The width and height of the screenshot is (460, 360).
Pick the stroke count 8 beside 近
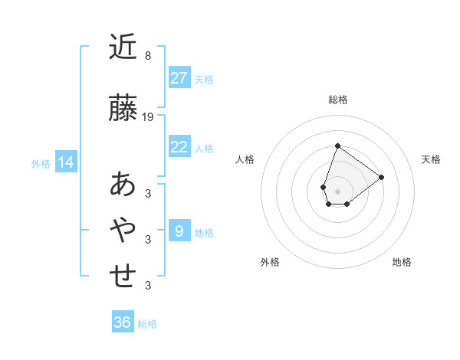point(148,56)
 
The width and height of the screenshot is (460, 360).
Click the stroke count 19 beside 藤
point(149,117)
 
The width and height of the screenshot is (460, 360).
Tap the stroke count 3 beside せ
point(148,286)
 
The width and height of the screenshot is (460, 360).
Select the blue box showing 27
point(179,77)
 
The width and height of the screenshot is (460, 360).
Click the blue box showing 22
point(179,147)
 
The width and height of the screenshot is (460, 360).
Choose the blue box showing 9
point(179,231)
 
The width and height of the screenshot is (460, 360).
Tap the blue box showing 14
point(66,162)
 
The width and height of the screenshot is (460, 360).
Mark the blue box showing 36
point(122,322)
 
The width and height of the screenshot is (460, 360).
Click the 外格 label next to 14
point(41,163)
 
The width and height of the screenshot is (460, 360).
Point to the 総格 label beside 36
point(147,324)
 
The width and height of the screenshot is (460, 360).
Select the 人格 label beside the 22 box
point(204,148)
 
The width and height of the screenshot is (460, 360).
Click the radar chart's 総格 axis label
point(338,100)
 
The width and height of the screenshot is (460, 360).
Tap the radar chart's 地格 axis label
point(402,262)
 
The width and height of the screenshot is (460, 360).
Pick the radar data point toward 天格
point(381,177)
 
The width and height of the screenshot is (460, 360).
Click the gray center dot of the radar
point(338,191)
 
